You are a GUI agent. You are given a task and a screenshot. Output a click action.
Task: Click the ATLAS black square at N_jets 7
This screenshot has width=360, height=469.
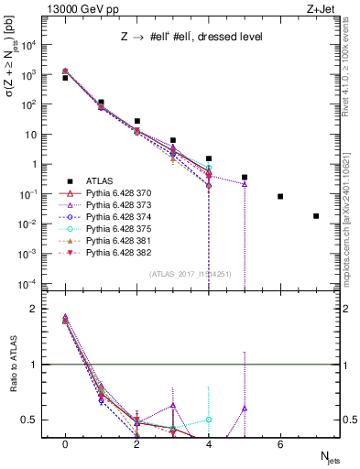pos(316,216)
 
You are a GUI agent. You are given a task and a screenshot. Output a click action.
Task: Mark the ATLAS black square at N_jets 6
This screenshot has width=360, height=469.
pos(280,196)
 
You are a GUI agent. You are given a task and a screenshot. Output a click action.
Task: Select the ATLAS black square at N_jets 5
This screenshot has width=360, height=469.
pos(245,177)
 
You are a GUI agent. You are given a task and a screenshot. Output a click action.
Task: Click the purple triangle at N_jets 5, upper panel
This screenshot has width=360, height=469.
pos(245,184)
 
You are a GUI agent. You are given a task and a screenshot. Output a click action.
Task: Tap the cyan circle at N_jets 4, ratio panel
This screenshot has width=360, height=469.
pos(209,420)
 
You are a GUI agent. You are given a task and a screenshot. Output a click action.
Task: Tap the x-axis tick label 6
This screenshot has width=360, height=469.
pos(280,444)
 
